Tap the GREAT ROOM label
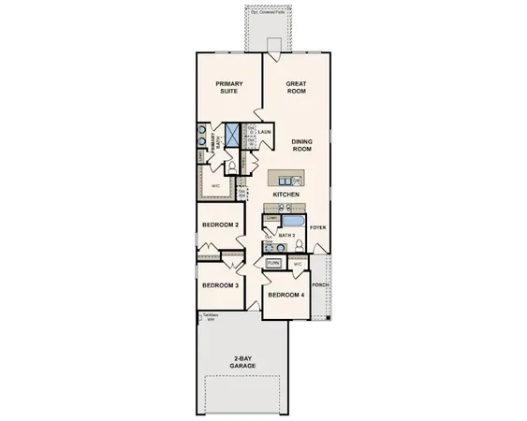297,87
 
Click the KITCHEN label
285,194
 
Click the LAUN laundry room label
265,132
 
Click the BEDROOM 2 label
223,225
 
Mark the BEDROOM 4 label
285,295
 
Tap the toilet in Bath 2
297,246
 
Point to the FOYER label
318,226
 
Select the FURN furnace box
273,264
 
